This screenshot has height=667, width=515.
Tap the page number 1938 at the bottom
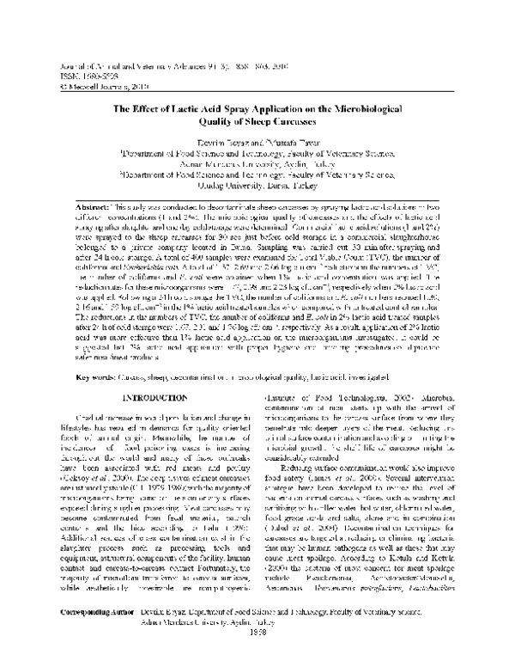pyautogui.click(x=257, y=655)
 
